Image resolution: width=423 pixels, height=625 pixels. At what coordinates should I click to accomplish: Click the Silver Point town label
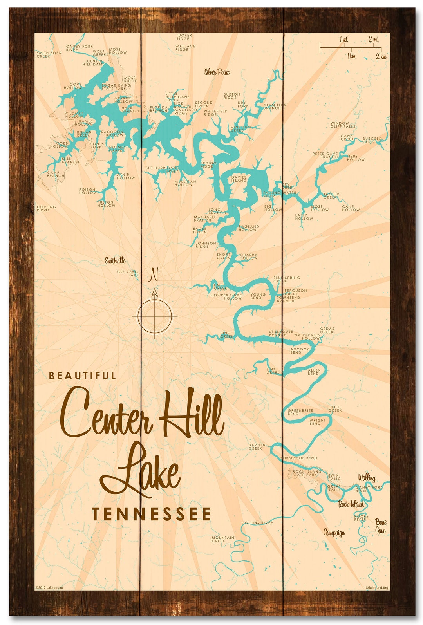point(217,72)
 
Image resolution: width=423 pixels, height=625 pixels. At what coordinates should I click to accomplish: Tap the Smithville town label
point(115,260)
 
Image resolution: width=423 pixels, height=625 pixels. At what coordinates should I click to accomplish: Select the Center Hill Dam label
point(94,63)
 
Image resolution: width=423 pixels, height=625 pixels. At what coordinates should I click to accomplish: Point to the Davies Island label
point(239,179)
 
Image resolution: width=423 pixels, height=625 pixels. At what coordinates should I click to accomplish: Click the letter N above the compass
point(154,275)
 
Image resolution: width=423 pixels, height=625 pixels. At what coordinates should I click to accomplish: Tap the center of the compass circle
point(155,316)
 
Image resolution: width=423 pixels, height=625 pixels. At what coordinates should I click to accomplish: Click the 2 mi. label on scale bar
point(373,39)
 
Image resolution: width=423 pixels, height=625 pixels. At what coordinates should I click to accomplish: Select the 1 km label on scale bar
point(351,56)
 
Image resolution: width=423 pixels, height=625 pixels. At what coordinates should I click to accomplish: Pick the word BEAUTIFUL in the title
point(82,376)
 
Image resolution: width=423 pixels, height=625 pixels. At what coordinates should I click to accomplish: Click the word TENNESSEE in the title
point(151,514)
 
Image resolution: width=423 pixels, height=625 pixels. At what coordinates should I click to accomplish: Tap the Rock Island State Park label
point(307,473)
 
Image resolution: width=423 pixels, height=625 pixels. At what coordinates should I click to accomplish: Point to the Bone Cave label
point(380,526)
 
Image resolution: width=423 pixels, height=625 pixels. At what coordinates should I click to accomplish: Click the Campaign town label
point(334,533)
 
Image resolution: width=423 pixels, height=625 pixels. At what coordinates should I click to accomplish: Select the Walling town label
point(366,478)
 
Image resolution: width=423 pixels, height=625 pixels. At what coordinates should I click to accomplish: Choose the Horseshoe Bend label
point(299,458)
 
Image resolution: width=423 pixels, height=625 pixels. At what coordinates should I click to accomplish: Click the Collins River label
point(257,523)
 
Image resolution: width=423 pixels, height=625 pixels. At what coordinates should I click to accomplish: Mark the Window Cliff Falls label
point(343,125)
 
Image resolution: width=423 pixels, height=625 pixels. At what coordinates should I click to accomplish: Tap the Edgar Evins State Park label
point(116,87)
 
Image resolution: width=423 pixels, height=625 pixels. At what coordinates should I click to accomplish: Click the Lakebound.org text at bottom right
point(376,587)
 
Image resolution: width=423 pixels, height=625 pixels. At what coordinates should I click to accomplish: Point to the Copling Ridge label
point(46,208)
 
